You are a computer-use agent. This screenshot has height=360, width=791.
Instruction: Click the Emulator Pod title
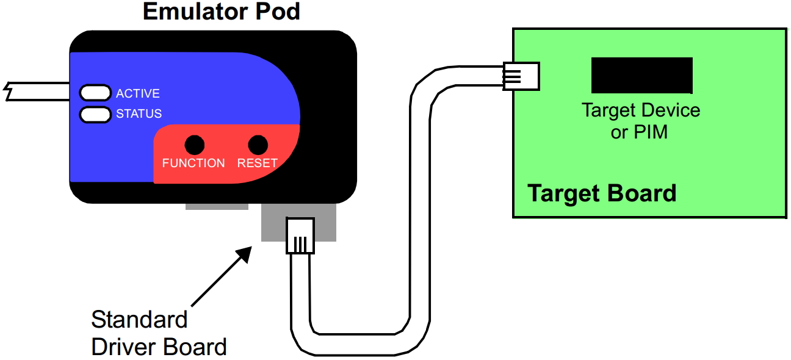(x=222, y=11)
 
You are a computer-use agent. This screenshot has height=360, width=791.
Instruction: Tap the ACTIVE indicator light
(x=94, y=93)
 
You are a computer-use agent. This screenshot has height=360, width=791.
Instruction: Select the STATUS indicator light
(x=94, y=113)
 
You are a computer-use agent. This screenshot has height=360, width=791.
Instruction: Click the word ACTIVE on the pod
(x=138, y=93)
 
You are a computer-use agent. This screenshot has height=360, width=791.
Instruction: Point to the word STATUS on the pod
(x=139, y=114)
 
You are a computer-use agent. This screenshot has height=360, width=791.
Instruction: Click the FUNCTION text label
(x=193, y=164)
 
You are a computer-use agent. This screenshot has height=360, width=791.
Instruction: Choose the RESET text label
(x=258, y=164)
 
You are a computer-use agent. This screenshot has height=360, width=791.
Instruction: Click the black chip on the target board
(x=641, y=76)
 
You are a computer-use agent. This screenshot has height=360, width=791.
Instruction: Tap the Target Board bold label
(x=602, y=193)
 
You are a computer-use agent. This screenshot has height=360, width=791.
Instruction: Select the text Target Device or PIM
(x=640, y=121)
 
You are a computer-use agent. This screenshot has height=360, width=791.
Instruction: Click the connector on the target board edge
(x=521, y=76)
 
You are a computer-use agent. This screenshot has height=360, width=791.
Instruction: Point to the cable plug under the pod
(x=300, y=236)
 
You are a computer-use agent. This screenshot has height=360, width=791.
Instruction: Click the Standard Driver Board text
(x=159, y=333)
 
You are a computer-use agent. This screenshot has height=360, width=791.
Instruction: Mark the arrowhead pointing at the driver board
(x=245, y=253)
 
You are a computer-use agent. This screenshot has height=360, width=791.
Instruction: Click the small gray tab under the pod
(x=217, y=206)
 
